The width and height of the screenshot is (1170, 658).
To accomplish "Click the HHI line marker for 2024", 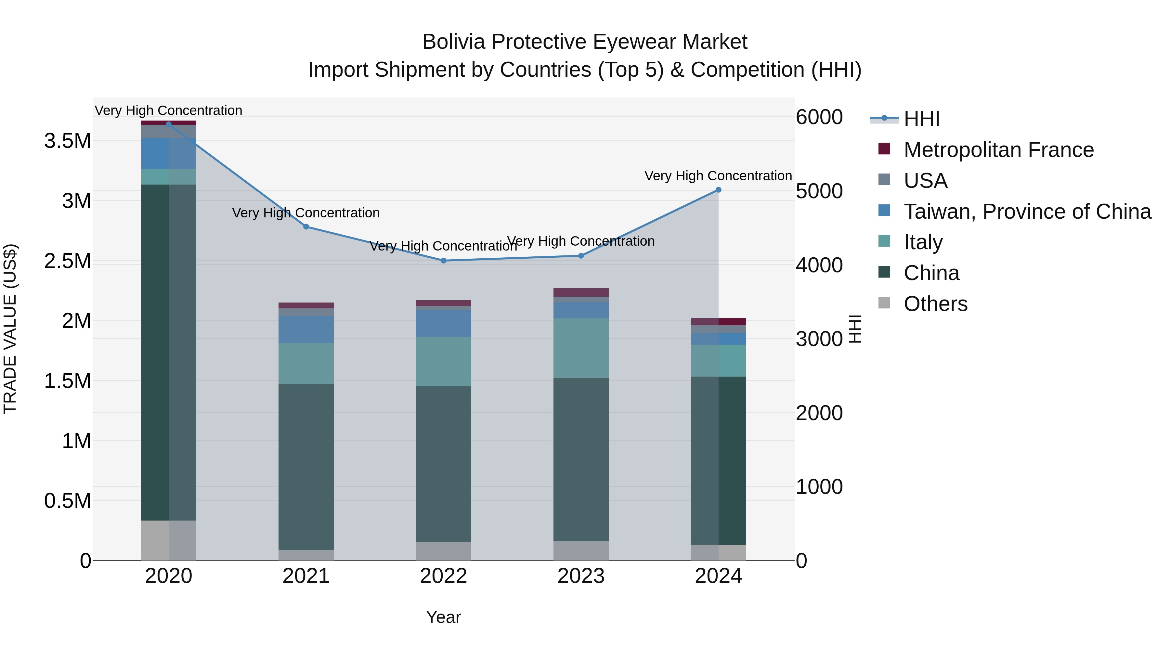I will tap(718, 190).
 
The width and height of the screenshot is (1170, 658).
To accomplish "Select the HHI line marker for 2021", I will tap(306, 226).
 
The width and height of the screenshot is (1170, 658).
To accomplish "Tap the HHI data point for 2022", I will tap(444, 261).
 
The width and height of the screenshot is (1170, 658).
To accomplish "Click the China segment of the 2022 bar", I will tap(444, 463).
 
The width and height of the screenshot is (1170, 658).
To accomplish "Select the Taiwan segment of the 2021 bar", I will tap(306, 329).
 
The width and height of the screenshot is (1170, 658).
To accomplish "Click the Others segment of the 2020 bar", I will tap(168, 540).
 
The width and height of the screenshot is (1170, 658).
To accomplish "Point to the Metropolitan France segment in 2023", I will tap(581, 292).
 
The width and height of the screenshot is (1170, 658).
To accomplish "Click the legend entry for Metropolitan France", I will tap(998, 150).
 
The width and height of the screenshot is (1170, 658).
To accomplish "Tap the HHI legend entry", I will tap(921, 119).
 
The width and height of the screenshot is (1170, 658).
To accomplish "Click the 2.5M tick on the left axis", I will tap(67, 261).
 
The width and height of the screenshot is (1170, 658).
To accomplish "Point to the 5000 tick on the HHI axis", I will tap(819, 191).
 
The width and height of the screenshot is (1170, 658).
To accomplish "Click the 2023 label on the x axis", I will tap(581, 576).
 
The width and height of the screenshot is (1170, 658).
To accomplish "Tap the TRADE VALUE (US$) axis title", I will tap(10, 329).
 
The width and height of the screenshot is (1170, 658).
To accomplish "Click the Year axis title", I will tap(443, 617).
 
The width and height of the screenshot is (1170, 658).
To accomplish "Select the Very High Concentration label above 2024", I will tap(718, 176).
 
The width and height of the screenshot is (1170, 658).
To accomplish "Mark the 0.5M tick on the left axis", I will tap(67, 501).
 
